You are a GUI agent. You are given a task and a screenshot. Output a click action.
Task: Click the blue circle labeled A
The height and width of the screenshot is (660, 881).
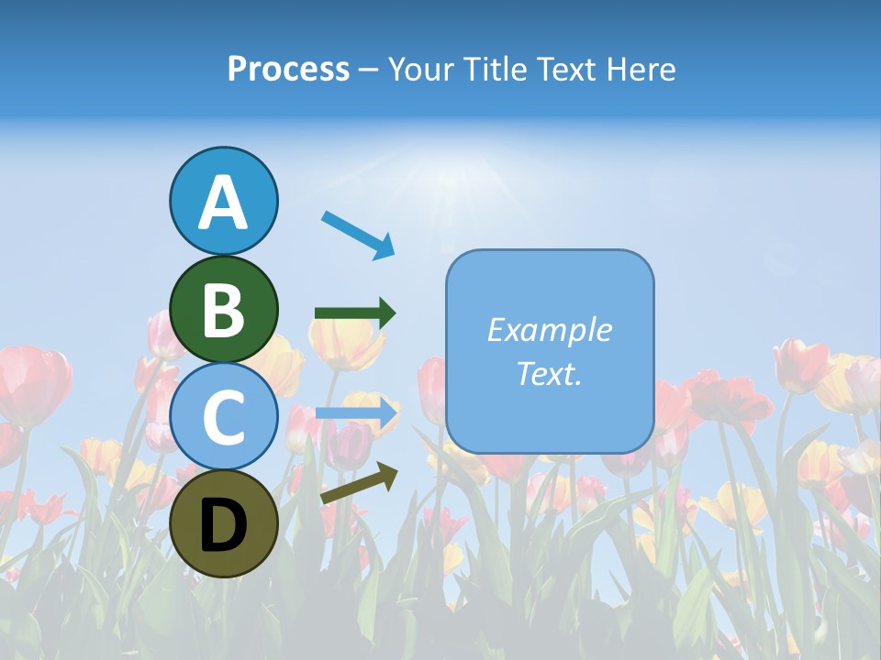tap(223, 201)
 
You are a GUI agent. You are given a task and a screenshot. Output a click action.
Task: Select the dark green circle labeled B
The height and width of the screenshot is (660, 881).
tap(223, 309)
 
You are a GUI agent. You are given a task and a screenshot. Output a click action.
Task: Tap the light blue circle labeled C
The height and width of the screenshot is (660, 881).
tap(223, 417)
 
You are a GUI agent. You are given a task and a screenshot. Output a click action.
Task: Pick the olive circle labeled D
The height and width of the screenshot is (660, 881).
tap(223, 524)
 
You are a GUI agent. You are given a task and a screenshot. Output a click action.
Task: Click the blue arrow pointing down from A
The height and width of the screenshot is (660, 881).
tap(358, 234)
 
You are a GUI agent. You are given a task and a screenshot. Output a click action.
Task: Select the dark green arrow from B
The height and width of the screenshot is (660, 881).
tap(355, 313)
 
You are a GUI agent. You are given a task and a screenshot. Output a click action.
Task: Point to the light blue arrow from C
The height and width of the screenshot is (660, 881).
tap(356, 412)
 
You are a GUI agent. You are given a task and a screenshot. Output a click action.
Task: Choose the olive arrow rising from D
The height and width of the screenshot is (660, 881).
tap(359, 483)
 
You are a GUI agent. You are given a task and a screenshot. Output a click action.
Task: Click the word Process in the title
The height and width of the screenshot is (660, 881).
tap(288, 70)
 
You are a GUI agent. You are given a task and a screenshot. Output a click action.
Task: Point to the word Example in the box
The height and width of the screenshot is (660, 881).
tap(550, 330)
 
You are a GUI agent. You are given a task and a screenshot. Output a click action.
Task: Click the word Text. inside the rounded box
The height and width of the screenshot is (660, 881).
tap(550, 373)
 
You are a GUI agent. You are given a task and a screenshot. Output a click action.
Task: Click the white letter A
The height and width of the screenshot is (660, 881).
tap(223, 203)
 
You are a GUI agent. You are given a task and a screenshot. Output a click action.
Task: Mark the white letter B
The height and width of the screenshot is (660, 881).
tap(223, 310)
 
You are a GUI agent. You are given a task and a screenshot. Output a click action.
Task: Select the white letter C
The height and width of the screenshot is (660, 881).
tap(223, 418)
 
